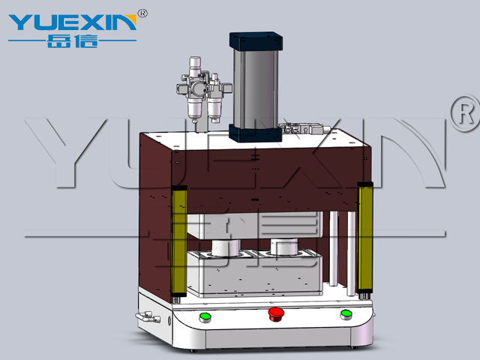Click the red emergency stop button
coord(276,313)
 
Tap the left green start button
coord(205,317)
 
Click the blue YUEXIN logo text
coord(73,22)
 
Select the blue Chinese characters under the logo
coord(73,41)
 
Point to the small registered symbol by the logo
coord(142,13)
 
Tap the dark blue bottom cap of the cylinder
coord(255,133)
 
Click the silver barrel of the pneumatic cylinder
coord(256,88)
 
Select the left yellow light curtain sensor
coord(179,241)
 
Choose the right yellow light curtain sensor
coord(365,236)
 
